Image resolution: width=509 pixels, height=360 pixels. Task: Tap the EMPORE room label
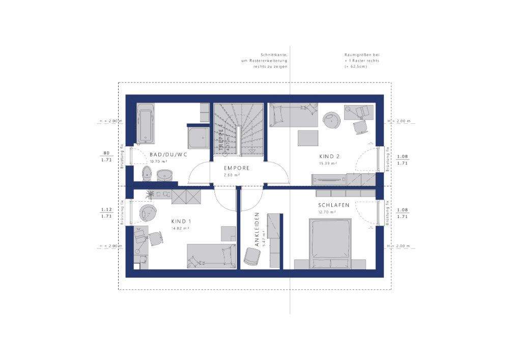tap(237, 168)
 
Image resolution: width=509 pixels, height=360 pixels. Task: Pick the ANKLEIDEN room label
tap(258, 230)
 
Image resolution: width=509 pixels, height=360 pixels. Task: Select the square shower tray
tap(198, 137)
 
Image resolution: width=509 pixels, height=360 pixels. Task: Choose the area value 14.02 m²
tap(181, 229)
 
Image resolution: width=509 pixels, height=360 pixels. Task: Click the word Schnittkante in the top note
tap(275, 54)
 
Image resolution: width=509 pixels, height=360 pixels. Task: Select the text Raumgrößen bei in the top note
tap(361, 54)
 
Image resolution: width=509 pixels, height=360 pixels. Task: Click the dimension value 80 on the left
tap(106, 153)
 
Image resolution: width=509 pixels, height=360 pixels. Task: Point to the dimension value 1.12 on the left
tap(106, 209)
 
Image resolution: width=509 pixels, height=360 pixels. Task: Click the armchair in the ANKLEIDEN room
tap(250, 256)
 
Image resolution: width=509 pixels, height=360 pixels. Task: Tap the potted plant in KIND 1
tap(150, 194)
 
